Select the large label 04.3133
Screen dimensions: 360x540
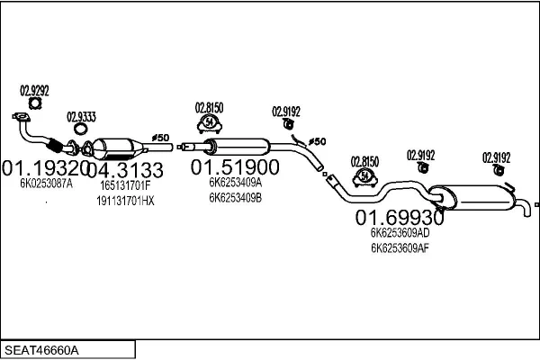[x=127, y=170]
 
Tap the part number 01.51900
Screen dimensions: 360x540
[x=234, y=167]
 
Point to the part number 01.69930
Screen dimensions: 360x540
[x=399, y=217]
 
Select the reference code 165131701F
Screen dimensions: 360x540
[x=125, y=185]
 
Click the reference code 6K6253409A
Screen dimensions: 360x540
[x=235, y=183]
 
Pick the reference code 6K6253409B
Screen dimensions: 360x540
[x=235, y=197]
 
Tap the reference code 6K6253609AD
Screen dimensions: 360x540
[x=400, y=232]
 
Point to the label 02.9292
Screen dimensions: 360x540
[x=34, y=90]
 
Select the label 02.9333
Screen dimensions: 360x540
[x=82, y=116]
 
